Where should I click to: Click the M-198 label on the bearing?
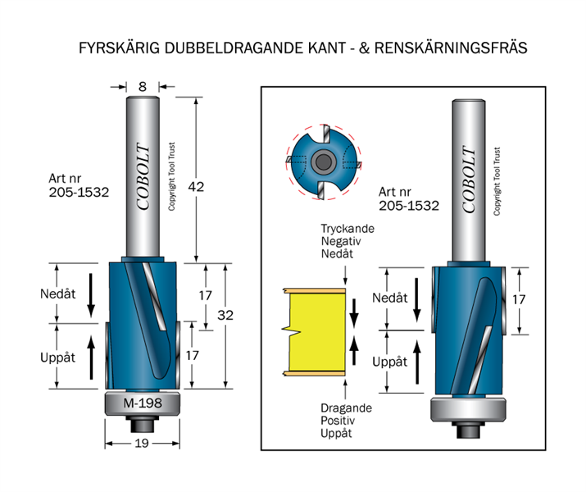click(x=142, y=403)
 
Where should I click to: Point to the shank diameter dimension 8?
click(x=143, y=85)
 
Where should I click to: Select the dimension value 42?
click(x=197, y=187)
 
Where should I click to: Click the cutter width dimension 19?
click(x=142, y=444)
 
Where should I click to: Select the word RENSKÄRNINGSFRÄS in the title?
click(x=451, y=48)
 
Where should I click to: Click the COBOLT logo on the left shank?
click(x=143, y=177)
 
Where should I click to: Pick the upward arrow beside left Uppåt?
click(x=91, y=356)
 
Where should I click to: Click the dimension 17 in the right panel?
click(x=518, y=299)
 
